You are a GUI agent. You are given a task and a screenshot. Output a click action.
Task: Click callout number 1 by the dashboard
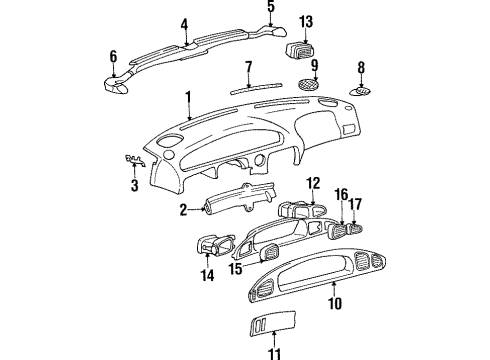click(186, 98)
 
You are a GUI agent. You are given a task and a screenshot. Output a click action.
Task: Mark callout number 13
click(306, 21)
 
